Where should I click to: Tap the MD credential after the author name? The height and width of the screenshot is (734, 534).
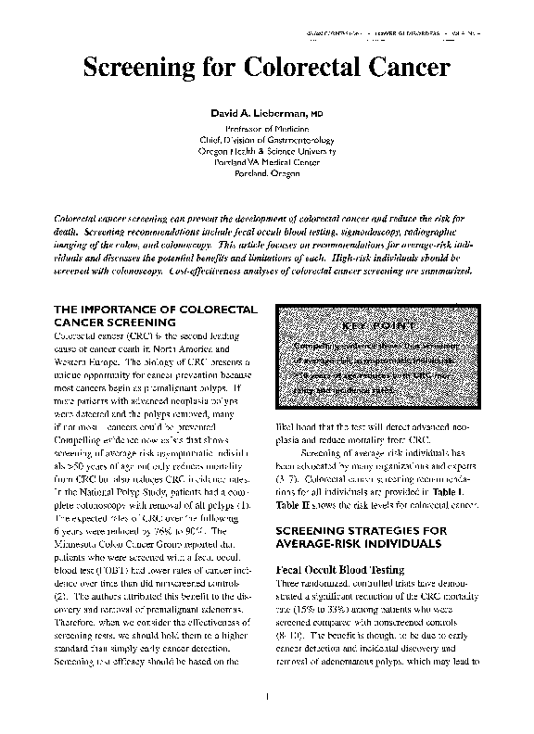(x=316, y=112)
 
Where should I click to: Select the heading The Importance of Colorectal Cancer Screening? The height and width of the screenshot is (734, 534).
(x=143, y=314)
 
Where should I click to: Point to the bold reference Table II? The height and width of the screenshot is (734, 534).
(x=295, y=507)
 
